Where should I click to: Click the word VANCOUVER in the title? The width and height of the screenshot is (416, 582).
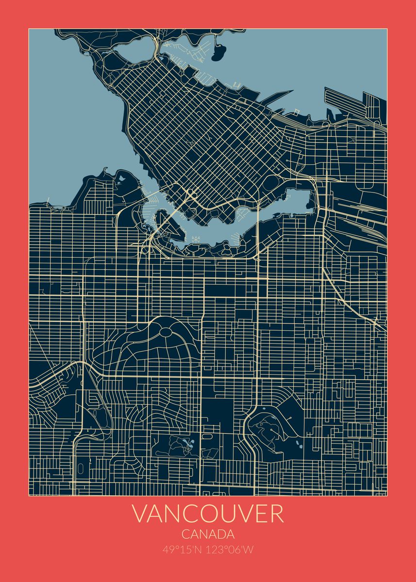[x=208, y=514]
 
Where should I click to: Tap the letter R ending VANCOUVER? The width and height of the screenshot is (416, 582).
[x=276, y=514]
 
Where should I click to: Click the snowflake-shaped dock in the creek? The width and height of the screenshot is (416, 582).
[x=197, y=239]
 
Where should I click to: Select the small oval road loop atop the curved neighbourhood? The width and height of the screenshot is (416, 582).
[x=165, y=332]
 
